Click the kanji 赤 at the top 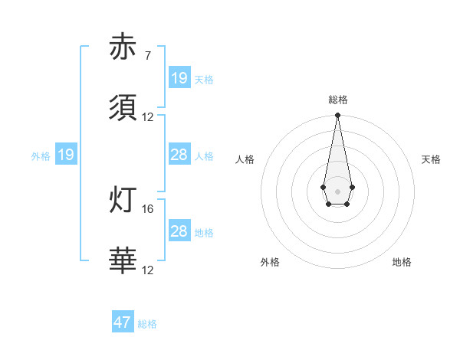click(x=123, y=47)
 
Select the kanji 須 click(x=123, y=108)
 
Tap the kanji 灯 click(x=123, y=199)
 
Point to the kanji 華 click(x=123, y=260)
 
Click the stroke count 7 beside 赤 click(x=147, y=56)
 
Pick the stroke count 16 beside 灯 click(x=148, y=208)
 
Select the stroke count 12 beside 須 click(x=148, y=117)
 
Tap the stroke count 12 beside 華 click(x=148, y=270)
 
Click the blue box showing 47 click(x=123, y=322)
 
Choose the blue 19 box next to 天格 click(x=179, y=78)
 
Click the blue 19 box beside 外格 click(x=66, y=155)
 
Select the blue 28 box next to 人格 click(x=179, y=155)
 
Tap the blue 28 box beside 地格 click(x=179, y=231)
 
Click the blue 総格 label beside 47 click(x=147, y=324)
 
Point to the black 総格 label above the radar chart click(x=337, y=100)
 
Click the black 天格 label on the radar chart click(x=431, y=159)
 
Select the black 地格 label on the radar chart click(x=402, y=262)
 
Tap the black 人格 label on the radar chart click(x=245, y=159)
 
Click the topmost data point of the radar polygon click(x=337, y=116)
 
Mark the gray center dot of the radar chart click(x=337, y=191)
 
